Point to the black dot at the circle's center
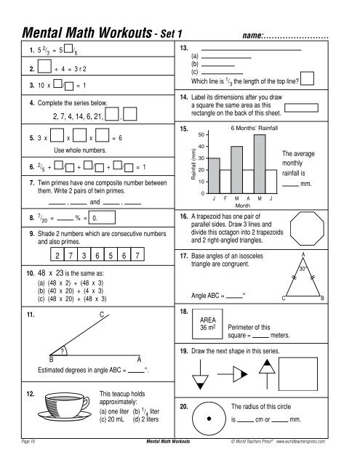[209, 419]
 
